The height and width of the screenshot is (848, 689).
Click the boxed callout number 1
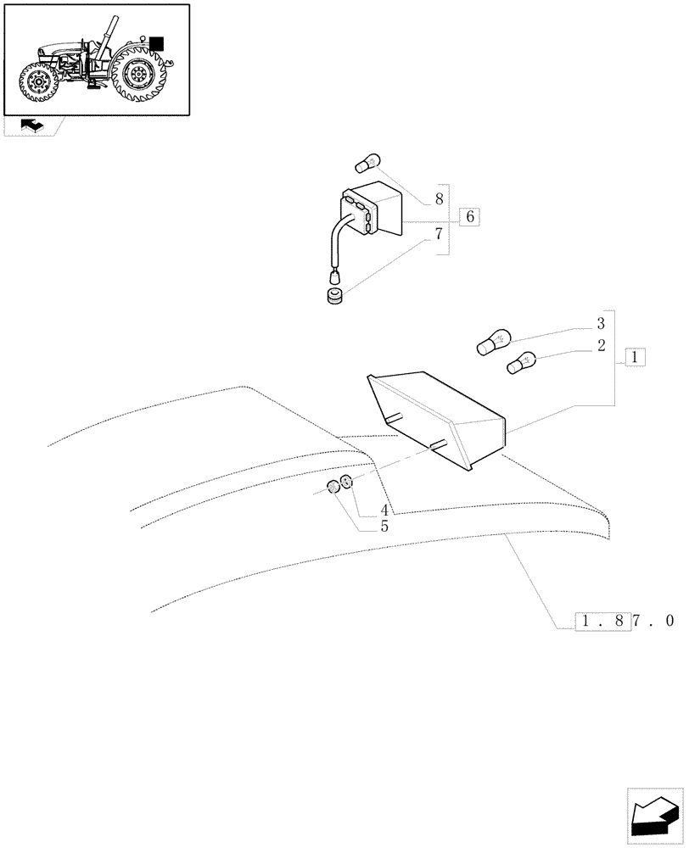pos(636,357)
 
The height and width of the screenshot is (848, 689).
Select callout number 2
pos(601,346)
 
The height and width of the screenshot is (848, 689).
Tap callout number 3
pos(601,323)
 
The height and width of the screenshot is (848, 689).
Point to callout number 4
pos(384,510)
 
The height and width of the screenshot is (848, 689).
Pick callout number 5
pos(384,526)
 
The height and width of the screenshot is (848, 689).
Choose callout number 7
pos(439,233)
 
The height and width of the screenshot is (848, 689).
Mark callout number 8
pos(439,200)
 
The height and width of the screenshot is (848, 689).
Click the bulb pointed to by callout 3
pos(491,343)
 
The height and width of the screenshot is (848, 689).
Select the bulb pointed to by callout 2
pos(520,365)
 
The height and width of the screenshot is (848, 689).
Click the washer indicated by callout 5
pos(333,488)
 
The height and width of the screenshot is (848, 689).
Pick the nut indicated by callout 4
pos(345,484)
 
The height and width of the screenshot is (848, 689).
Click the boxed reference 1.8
pos(602,621)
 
